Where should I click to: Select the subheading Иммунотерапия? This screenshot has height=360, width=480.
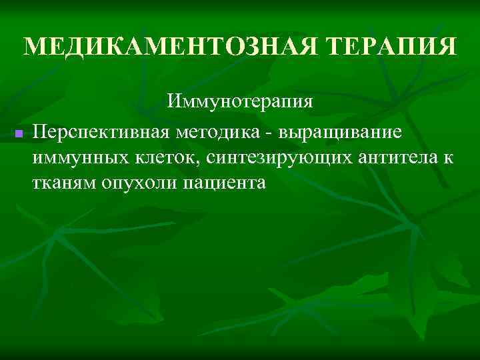click(240, 102)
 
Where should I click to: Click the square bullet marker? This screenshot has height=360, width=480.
click(19, 135)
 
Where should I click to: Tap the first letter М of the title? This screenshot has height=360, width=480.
click(33, 47)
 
